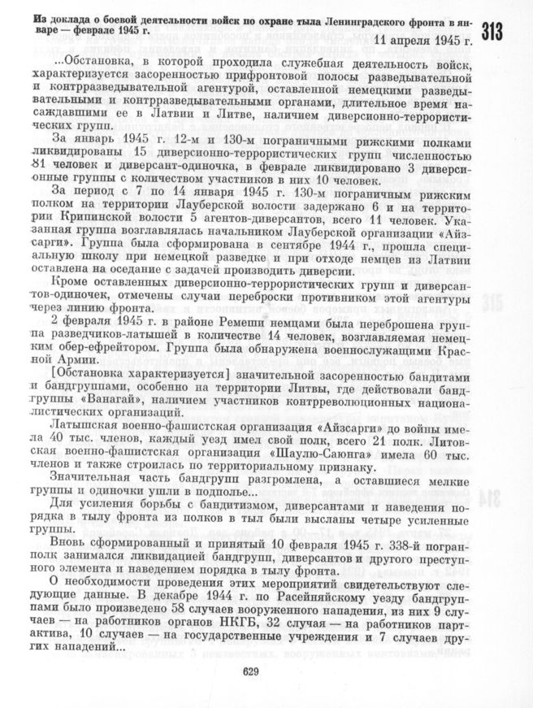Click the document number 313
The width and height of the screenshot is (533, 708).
click(494, 33)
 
